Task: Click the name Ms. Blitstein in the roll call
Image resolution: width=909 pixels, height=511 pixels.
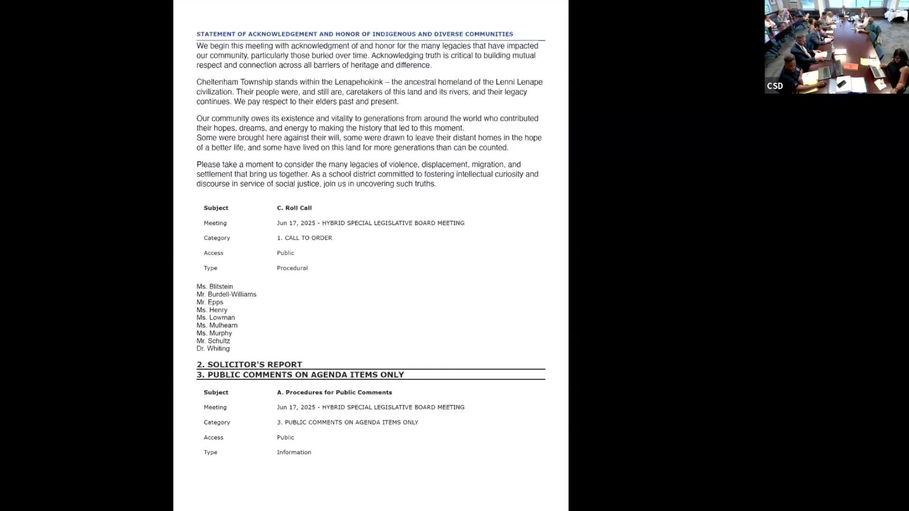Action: click(x=214, y=286)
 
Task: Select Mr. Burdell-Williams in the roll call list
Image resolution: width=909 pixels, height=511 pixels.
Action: click(x=226, y=294)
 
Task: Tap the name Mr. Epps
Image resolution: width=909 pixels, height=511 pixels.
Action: click(x=210, y=302)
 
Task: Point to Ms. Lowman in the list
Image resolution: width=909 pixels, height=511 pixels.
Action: click(x=215, y=317)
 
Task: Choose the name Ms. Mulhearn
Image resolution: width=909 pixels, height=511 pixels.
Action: click(x=217, y=325)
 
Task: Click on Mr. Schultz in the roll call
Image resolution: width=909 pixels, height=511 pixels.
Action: click(x=213, y=341)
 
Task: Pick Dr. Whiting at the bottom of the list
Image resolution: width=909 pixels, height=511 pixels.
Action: click(x=213, y=348)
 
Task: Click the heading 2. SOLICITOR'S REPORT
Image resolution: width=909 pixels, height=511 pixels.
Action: click(x=249, y=364)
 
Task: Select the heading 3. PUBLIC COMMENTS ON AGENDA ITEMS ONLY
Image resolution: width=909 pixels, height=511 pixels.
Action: click(x=300, y=375)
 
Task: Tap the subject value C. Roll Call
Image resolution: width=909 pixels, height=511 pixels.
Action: click(x=294, y=208)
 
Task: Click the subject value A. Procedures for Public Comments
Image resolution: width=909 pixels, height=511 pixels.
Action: click(x=334, y=392)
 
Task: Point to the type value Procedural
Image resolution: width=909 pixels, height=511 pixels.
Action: click(x=292, y=268)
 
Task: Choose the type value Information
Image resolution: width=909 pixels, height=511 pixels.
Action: click(x=294, y=452)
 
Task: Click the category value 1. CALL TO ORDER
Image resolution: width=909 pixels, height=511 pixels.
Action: click(x=304, y=238)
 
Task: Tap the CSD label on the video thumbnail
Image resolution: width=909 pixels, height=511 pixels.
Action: click(x=775, y=86)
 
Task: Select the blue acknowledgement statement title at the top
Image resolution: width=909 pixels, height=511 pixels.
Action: click(x=355, y=34)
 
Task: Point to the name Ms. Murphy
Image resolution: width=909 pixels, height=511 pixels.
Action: click(x=214, y=333)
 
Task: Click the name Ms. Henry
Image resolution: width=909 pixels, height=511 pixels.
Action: click(x=212, y=310)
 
